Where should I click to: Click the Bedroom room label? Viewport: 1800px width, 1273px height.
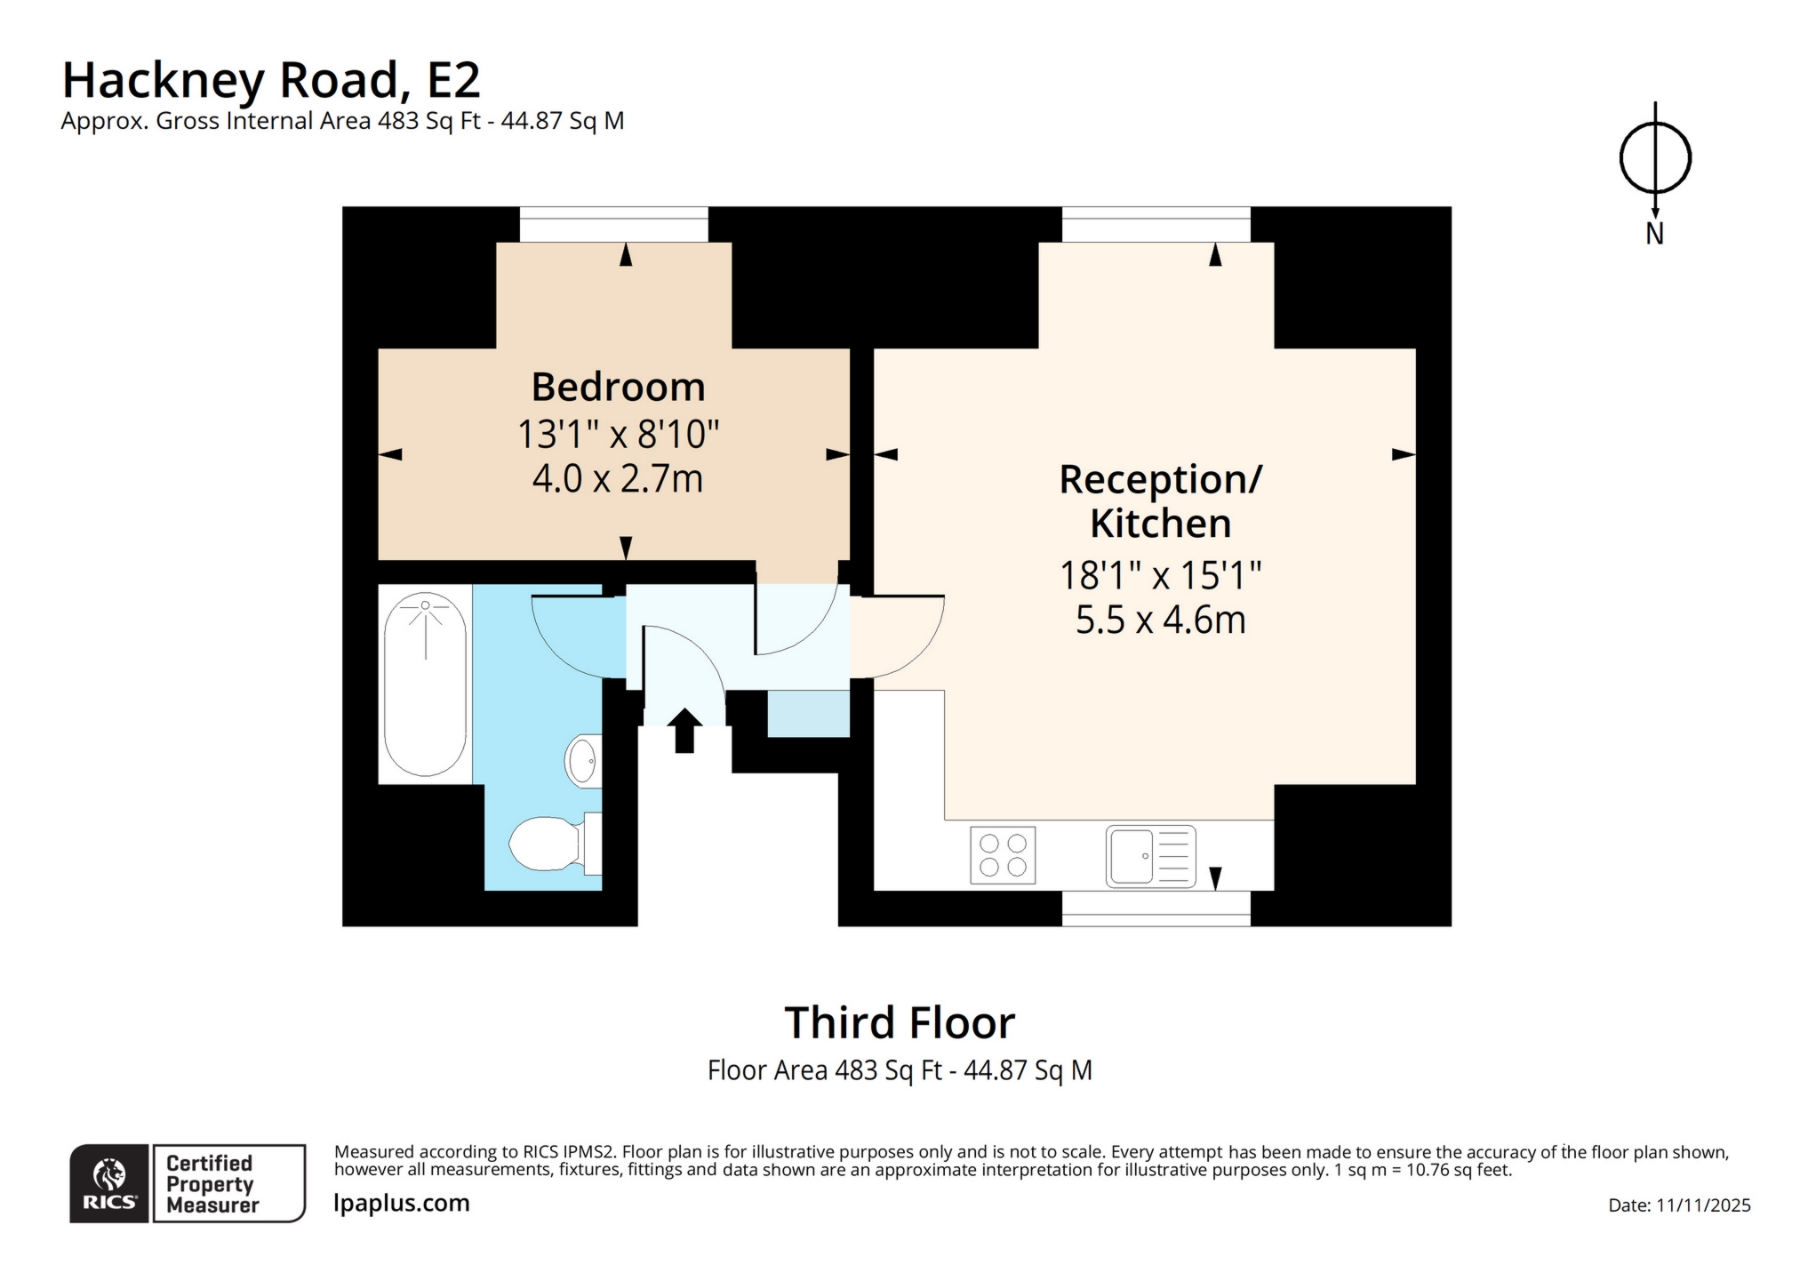pyautogui.click(x=618, y=388)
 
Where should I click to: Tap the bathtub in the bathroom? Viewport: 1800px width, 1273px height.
pyautogui.click(x=425, y=684)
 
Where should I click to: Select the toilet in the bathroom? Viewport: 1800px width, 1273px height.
pyautogui.click(x=545, y=844)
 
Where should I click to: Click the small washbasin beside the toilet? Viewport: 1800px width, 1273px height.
pyautogui.click(x=582, y=760)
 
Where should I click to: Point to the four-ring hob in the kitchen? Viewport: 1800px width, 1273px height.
pyautogui.click(x=1003, y=855)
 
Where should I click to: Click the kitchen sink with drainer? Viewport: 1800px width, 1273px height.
pyautogui.click(x=1150, y=856)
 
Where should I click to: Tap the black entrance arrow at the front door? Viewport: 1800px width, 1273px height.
pyautogui.click(x=684, y=731)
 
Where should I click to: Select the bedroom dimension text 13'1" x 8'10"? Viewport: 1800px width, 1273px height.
pyautogui.click(x=618, y=435)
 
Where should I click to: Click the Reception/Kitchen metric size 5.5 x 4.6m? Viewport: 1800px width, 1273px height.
pyautogui.click(x=1160, y=620)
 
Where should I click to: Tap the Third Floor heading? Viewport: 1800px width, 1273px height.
pyautogui.click(x=899, y=1023)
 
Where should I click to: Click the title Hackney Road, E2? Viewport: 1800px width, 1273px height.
pyautogui.click(x=271, y=80)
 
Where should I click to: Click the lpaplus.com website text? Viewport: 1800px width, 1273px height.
pyautogui.click(x=402, y=1203)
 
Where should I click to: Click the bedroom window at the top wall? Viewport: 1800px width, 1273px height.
pyautogui.click(x=613, y=225)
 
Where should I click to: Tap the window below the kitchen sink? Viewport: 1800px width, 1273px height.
pyautogui.click(x=1156, y=909)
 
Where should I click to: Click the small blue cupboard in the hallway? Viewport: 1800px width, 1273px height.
pyautogui.click(x=808, y=714)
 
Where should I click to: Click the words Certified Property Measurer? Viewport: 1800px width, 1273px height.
pyautogui.click(x=212, y=1184)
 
